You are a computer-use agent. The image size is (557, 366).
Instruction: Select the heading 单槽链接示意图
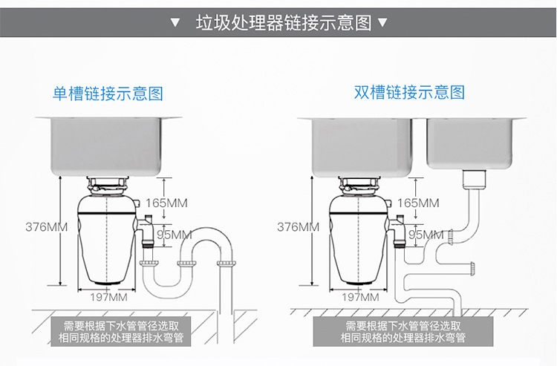(107, 94)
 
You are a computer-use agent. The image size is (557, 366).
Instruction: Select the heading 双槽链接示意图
(409, 93)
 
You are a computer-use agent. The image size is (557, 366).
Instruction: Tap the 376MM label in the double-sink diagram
(298, 226)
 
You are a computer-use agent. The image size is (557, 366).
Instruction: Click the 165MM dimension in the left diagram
(166, 203)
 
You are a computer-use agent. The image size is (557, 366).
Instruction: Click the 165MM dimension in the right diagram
(418, 203)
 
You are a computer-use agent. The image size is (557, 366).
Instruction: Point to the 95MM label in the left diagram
(175, 235)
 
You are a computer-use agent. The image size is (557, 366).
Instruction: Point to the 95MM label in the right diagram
(426, 235)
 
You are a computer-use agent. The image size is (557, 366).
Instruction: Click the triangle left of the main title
(175, 22)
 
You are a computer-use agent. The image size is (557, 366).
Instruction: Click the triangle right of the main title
(383, 22)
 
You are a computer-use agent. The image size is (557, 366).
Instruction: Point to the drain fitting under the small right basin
(473, 177)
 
